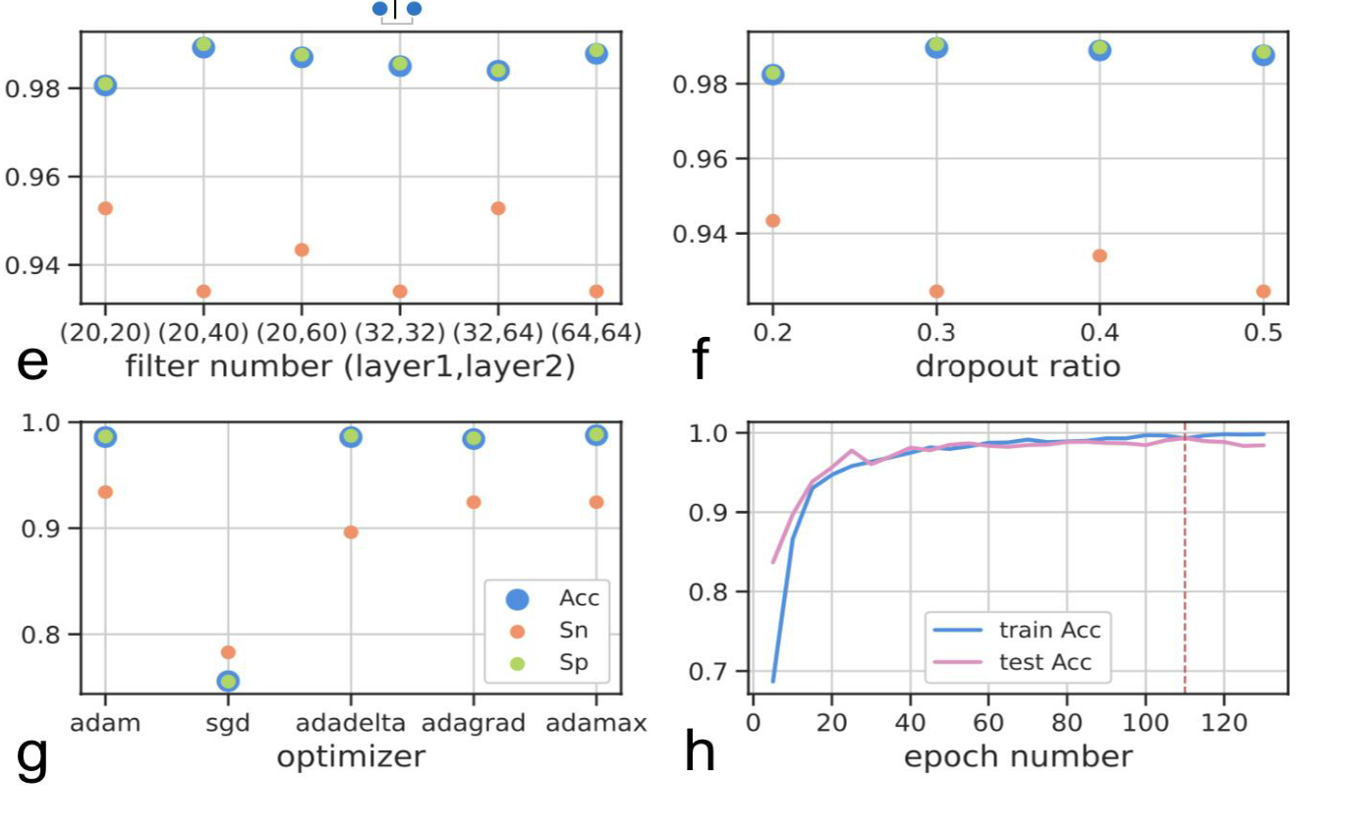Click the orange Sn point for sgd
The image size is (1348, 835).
tap(228, 652)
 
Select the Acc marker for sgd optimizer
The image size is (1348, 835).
tap(228, 681)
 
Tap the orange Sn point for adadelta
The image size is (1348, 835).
tap(351, 532)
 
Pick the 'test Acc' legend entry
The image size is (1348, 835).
tap(1022, 662)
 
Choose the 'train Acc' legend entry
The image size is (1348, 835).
tap(1022, 629)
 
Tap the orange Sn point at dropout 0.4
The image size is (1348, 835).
tap(1099, 255)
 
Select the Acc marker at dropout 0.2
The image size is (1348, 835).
tap(773, 74)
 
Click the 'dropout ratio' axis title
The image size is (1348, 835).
tap(1017, 366)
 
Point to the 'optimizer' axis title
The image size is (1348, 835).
tap(351, 756)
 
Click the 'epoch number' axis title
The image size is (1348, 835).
tap(1017, 756)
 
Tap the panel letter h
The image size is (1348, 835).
tap(699, 754)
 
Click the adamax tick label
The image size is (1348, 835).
tap(596, 724)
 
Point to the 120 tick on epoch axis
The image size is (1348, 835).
tap(1224, 724)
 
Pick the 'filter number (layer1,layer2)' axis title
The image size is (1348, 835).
tap(350, 366)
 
